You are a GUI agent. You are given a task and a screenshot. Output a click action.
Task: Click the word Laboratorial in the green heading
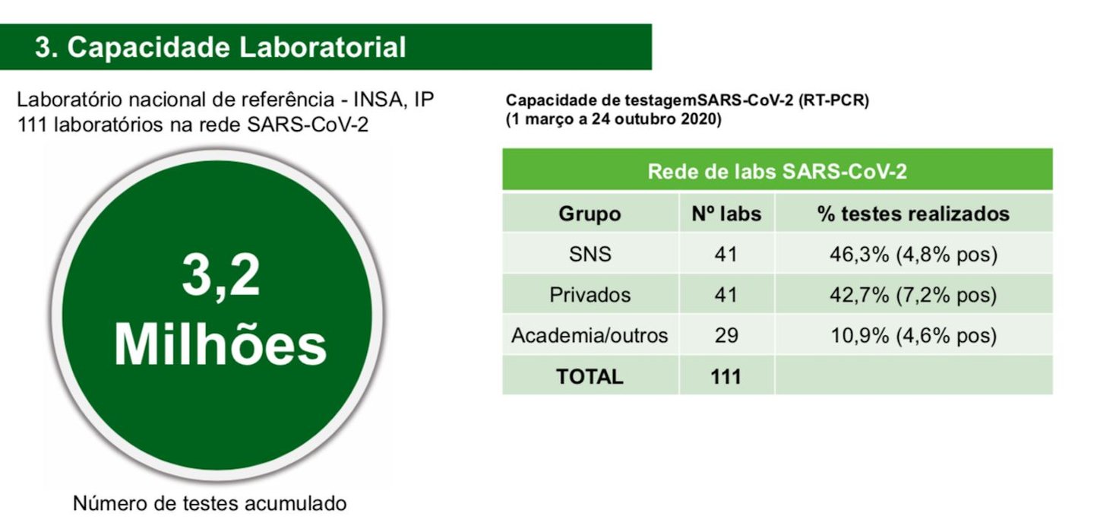pos(322,47)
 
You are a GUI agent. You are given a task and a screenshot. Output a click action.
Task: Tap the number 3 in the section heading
pos(43,48)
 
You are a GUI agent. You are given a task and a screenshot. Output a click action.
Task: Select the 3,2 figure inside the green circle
pos(221,277)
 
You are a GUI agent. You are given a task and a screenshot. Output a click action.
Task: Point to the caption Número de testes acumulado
pos(210,503)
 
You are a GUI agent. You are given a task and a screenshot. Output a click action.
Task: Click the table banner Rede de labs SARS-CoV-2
pos(777,172)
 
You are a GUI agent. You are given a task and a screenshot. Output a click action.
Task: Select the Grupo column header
pos(590,214)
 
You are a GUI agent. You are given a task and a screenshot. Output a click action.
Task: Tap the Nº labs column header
pos(726,214)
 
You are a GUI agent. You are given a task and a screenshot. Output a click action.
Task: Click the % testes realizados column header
pos(913,214)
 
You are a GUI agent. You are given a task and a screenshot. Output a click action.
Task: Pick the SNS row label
pos(590,254)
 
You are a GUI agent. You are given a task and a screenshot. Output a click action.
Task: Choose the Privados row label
pos(590,295)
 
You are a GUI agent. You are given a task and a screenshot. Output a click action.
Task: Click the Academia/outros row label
pos(590,336)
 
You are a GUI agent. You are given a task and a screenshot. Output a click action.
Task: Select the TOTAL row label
pos(590,376)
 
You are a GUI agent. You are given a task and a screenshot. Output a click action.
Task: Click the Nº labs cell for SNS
pos(726,254)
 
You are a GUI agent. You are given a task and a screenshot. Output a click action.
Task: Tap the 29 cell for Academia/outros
pos(726,336)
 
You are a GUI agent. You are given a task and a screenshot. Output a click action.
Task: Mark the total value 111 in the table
pos(726,376)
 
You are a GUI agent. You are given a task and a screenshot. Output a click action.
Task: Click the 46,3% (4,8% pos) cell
pos(913,255)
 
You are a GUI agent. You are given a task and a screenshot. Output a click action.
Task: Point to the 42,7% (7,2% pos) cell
pos(913,295)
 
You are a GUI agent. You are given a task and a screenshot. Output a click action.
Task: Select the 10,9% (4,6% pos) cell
pos(913,336)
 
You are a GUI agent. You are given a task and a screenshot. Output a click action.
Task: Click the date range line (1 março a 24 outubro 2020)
pos(613,119)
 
